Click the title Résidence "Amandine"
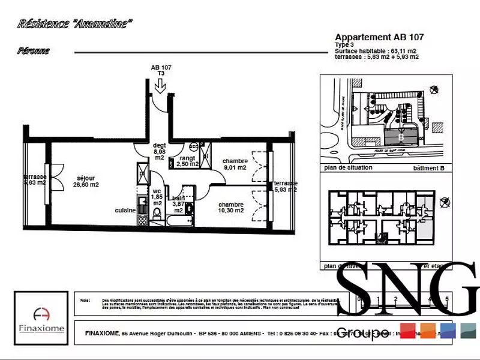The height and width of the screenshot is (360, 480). pos(74,24)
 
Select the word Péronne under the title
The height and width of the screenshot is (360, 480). pos(34,51)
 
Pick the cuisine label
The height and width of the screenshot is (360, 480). pos(125,210)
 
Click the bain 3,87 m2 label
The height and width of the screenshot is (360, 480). pos(178,204)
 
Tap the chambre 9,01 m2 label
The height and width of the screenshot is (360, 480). pos(235,164)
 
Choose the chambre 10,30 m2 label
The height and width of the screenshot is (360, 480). pos(231,207)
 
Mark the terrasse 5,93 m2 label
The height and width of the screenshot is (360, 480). pos(284,186)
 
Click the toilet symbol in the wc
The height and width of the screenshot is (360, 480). pos(157,214)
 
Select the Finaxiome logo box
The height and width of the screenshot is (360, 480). pos(41,318)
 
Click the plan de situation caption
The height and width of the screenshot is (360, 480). pos(348,168)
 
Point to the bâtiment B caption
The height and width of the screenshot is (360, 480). pos(428,168)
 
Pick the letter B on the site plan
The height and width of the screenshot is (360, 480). pos(400,137)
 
